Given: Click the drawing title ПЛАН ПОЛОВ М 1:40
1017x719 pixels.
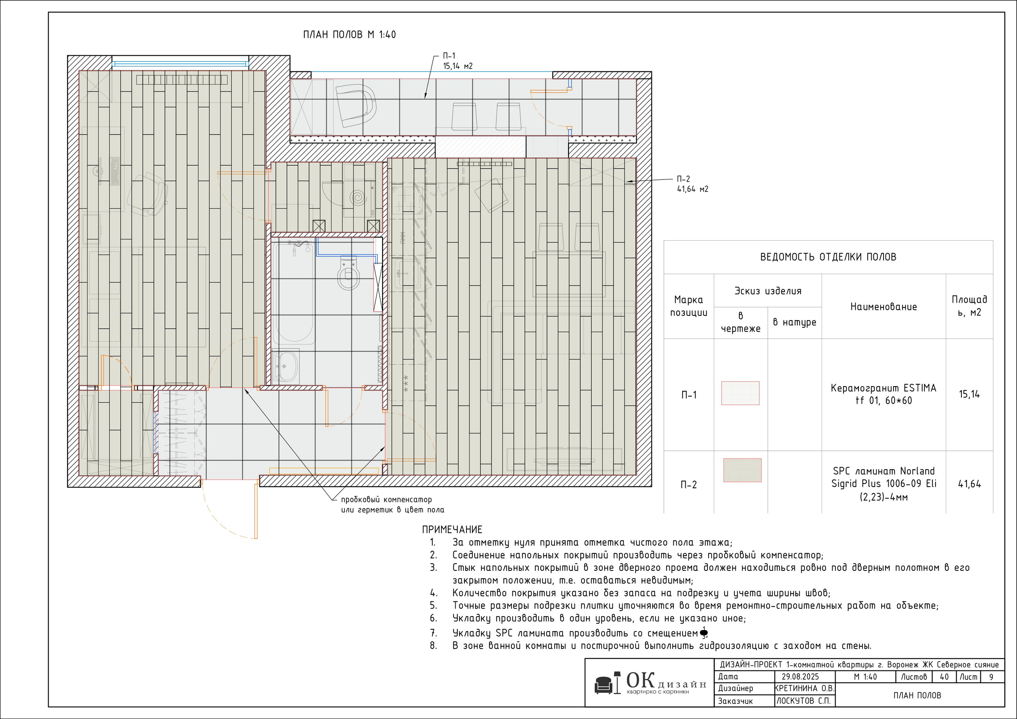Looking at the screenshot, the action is tap(350, 35).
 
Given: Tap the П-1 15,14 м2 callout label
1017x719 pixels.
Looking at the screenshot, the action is tap(458, 61).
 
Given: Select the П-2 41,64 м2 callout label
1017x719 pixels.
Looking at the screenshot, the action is tap(692, 184).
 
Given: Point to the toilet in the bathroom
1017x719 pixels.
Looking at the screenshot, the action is tap(348, 273).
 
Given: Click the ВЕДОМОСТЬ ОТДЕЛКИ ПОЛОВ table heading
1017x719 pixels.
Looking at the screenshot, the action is tap(828, 257).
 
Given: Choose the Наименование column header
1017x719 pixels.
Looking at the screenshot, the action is tap(883, 307).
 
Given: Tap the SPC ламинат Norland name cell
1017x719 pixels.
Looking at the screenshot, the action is tap(883, 484).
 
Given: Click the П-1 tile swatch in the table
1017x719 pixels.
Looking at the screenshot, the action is tap(740, 393).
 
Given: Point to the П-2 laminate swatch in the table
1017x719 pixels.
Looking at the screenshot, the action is tap(742, 470).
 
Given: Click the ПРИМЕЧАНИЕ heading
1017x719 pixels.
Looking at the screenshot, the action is tap(452, 530).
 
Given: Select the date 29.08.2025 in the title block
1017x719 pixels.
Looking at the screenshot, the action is tap(800, 677).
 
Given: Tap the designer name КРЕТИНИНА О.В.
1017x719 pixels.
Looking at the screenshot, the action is tap(804, 688).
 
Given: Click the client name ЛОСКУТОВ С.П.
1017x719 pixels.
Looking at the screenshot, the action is tap(802, 701).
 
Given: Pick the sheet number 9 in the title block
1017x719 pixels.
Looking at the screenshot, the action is tap(991, 677).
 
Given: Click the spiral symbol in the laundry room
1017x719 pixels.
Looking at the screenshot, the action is tap(358, 197).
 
